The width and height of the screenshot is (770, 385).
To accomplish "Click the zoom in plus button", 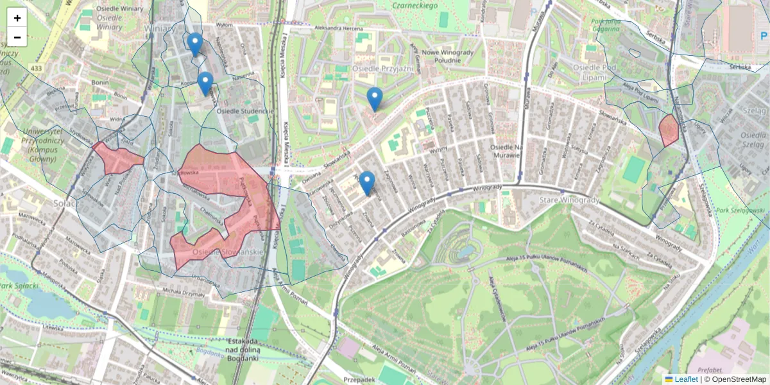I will click(x=17, y=18).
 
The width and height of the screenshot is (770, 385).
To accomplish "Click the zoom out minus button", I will click(x=17, y=37).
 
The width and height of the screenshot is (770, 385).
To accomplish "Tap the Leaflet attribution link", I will click(x=685, y=379).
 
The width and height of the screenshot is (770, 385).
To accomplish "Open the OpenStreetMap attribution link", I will click(x=739, y=379).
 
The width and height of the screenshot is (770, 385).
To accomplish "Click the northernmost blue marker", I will click(x=195, y=44).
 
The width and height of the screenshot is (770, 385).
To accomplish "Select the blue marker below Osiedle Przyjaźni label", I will click(x=375, y=98).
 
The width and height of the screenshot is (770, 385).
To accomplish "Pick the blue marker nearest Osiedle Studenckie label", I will click(x=205, y=83).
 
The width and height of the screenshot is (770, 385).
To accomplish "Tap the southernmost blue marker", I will click(x=367, y=182).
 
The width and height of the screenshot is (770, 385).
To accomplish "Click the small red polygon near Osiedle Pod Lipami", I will click(x=669, y=130).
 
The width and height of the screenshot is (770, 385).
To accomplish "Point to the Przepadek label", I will click(x=360, y=379).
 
